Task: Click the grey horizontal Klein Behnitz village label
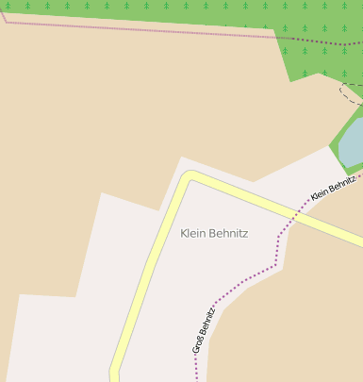(x=214, y=233)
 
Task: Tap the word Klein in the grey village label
(x=191, y=233)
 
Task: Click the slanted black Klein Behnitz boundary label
(x=333, y=187)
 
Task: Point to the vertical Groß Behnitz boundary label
(x=204, y=329)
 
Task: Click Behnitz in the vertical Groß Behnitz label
(x=207, y=319)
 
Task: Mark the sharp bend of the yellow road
(x=190, y=177)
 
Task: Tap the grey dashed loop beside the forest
(x=350, y=92)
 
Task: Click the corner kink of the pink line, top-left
(x=8, y=20)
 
